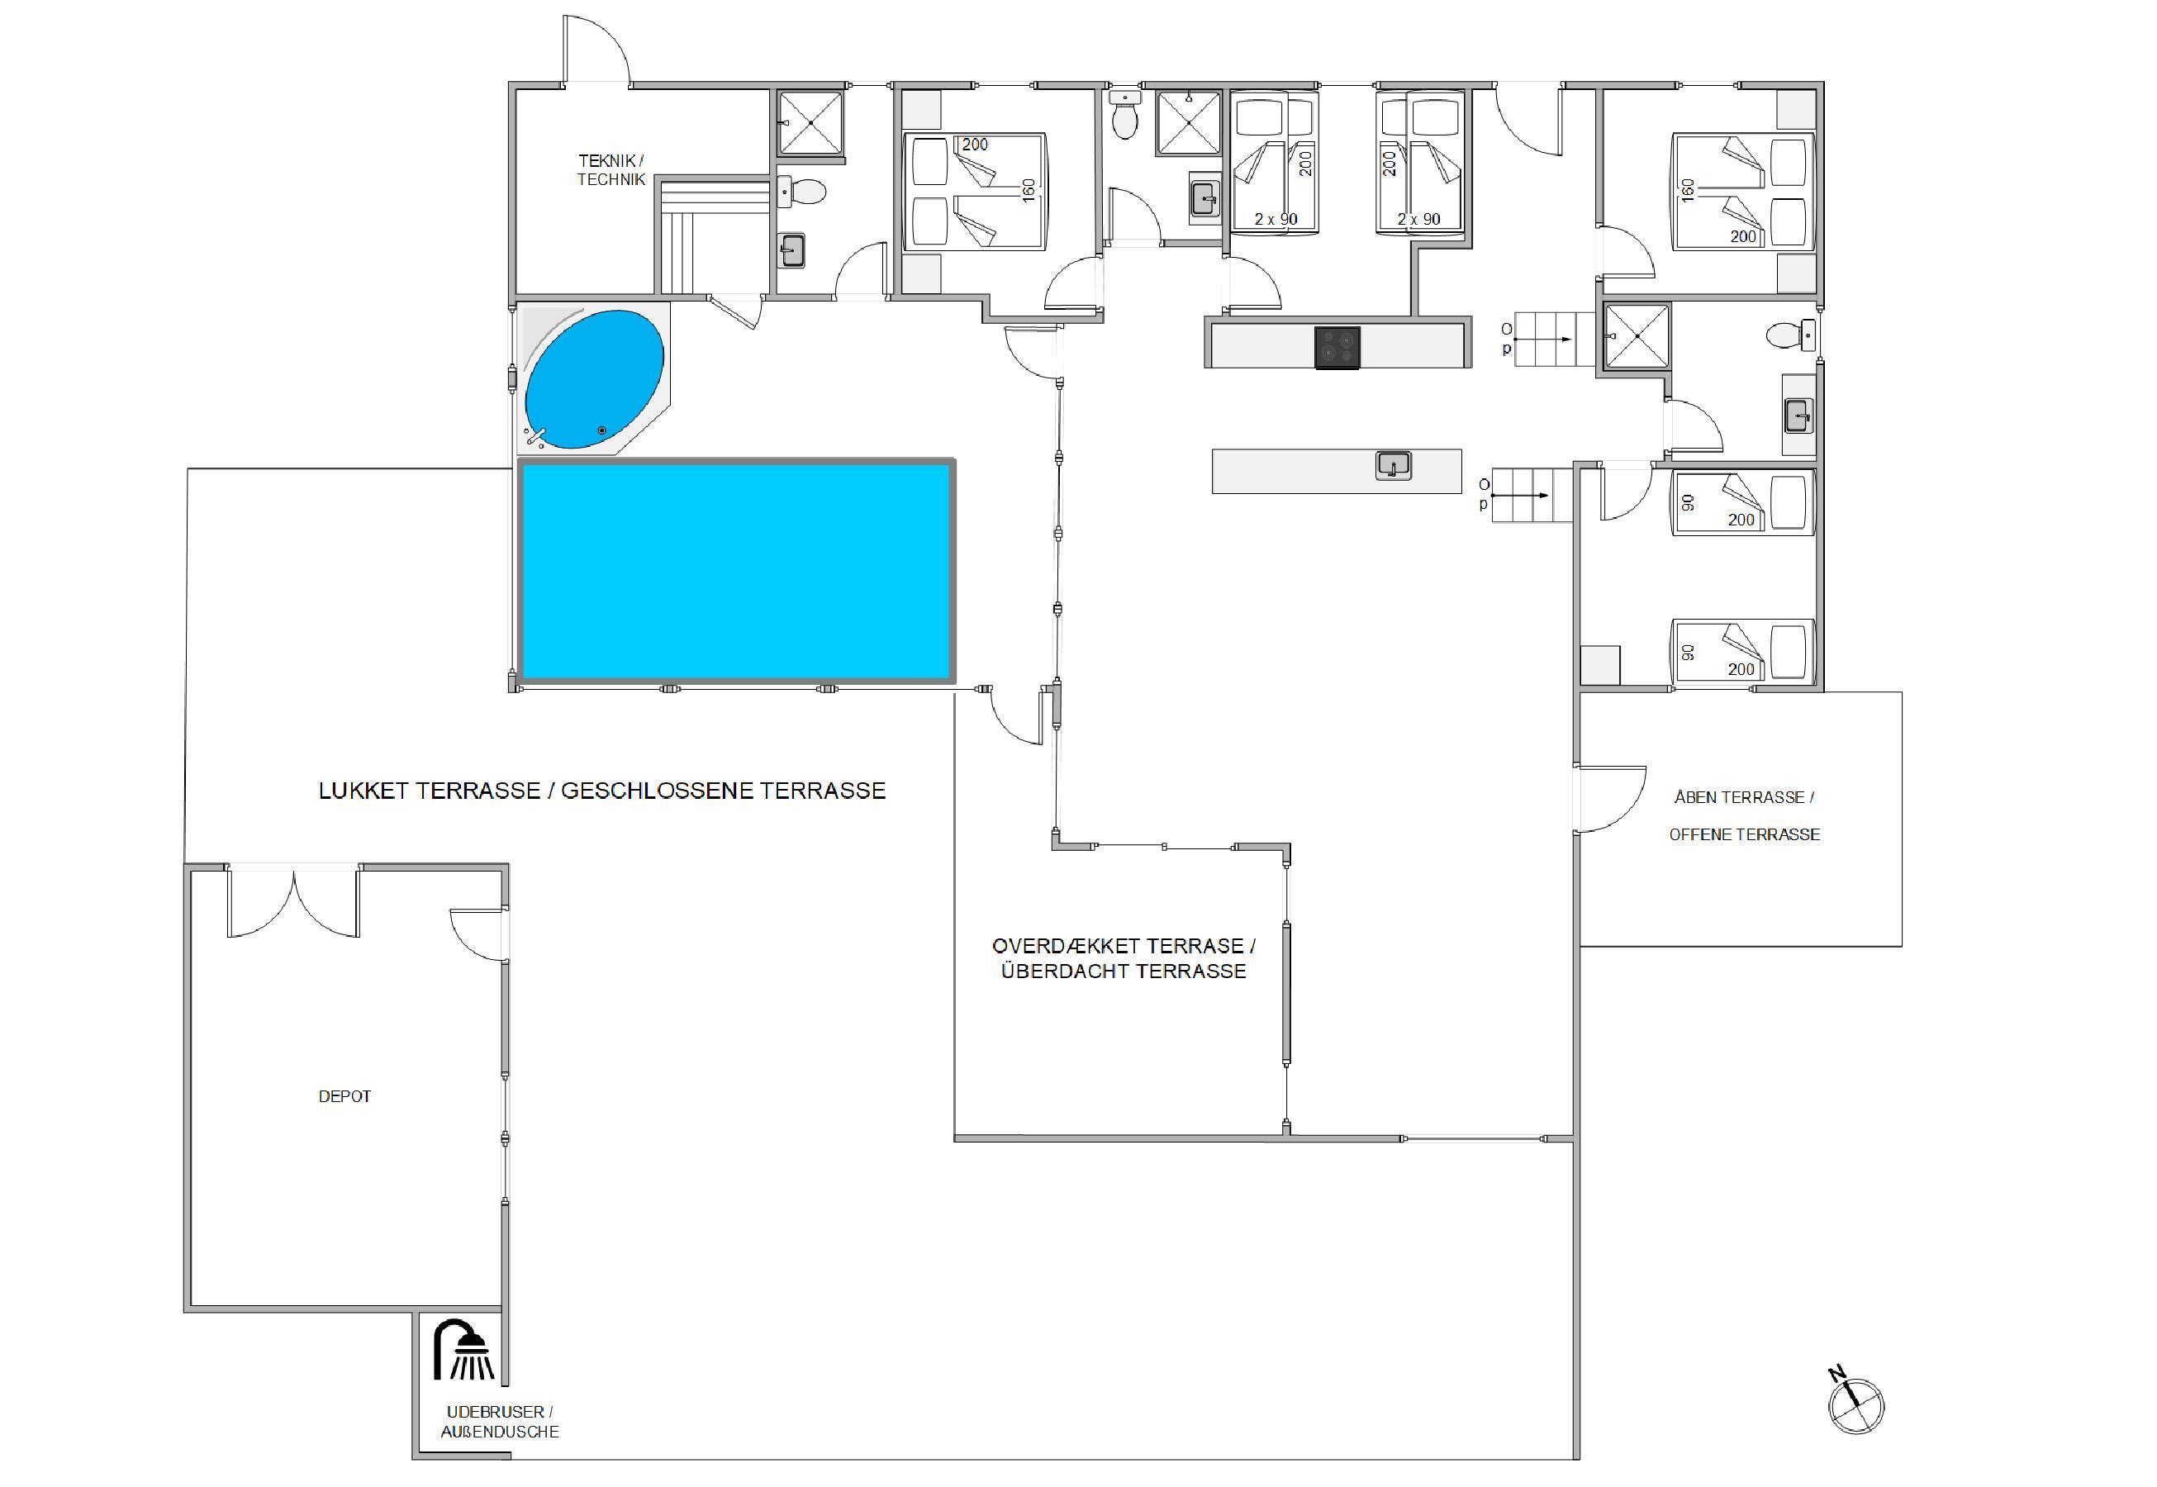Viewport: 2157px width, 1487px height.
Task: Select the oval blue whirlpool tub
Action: click(595, 378)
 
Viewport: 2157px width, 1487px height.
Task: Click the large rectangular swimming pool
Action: click(736, 571)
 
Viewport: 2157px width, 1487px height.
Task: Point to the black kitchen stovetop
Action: click(1337, 348)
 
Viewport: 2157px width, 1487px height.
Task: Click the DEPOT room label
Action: click(344, 1096)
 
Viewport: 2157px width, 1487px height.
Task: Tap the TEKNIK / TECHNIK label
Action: click(611, 170)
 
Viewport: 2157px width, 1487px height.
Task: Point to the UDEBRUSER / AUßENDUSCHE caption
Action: click(501, 1422)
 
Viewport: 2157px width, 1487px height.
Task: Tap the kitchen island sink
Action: click(1393, 465)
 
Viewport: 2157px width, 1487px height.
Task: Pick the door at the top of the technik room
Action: click(596, 51)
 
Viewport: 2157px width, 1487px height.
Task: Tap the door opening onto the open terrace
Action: click(1610, 797)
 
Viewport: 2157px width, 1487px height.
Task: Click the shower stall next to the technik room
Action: click(810, 122)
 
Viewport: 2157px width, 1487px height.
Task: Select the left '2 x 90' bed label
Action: click(1276, 220)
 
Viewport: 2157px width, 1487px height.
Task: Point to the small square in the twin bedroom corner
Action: click(1601, 665)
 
